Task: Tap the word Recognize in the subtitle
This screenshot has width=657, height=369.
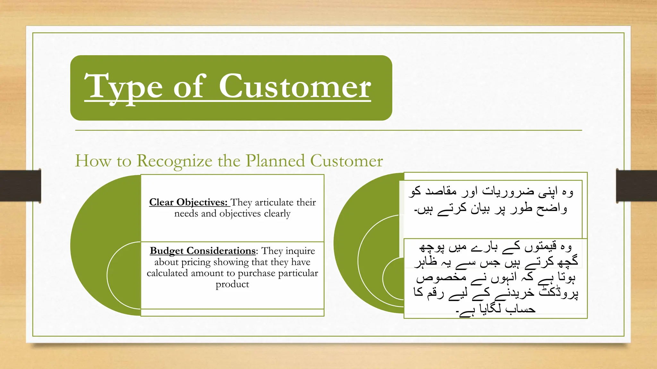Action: (175, 160)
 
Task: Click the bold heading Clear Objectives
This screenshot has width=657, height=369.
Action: (188, 202)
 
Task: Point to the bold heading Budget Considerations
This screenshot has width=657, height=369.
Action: (203, 250)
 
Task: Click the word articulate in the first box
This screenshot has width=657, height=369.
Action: (274, 202)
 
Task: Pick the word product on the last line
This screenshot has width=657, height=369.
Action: (232, 284)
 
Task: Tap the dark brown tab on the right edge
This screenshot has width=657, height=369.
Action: (636, 186)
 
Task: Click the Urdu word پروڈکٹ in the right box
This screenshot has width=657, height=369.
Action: (558, 292)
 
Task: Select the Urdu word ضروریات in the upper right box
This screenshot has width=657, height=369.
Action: (508, 192)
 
